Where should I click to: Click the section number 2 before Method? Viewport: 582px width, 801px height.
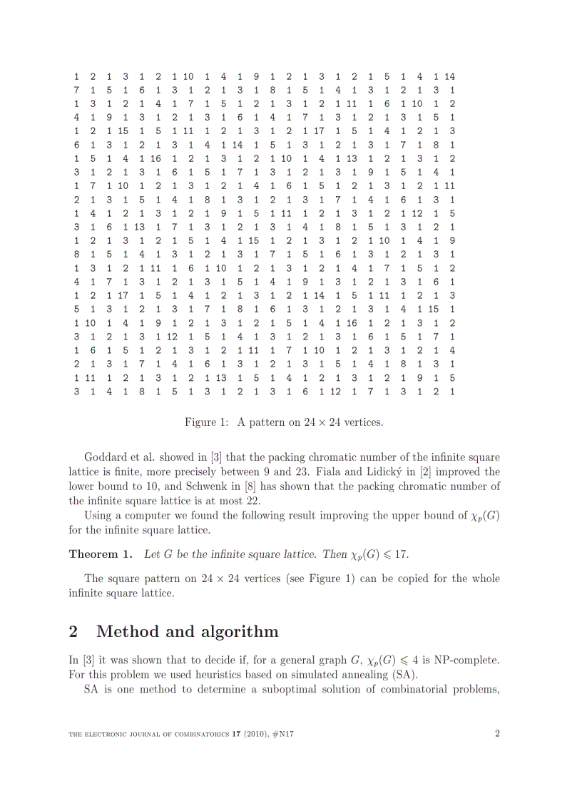(x=74, y=631)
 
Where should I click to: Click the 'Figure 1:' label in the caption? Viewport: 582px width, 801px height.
(x=206, y=422)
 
